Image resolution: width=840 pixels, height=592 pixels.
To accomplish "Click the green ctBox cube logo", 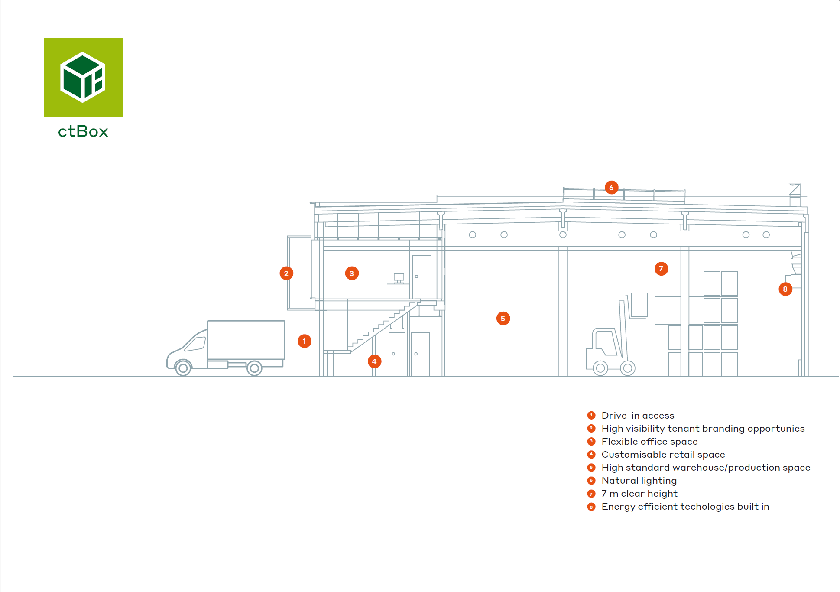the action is click(83, 78).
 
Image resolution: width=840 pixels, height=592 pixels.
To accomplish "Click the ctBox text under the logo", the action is click(83, 131).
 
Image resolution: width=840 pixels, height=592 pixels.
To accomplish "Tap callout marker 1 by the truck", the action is click(305, 341).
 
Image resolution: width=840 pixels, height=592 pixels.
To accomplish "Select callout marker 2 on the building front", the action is click(286, 273).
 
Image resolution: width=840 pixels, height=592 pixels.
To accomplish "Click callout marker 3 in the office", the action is click(352, 273).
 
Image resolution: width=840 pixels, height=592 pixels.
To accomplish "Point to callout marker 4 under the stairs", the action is click(374, 361).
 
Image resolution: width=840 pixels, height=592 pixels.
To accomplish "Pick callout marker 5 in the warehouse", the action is click(503, 319).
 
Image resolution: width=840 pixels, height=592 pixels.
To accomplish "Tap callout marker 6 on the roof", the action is click(611, 188).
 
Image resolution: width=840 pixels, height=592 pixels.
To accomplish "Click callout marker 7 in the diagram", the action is click(661, 269).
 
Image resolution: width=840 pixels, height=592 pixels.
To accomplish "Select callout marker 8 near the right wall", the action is click(785, 289).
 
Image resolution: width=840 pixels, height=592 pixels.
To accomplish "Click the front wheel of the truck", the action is click(183, 368).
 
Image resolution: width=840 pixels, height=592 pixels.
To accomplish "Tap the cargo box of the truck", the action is click(246, 340).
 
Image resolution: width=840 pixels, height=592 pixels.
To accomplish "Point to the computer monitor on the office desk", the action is click(399, 277).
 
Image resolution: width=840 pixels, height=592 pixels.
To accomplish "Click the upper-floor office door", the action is click(422, 277).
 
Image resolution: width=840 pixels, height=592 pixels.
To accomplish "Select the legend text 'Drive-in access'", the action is click(638, 416).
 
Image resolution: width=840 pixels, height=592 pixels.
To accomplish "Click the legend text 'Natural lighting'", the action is click(639, 481).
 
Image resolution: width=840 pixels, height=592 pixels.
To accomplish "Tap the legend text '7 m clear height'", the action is click(639, 494).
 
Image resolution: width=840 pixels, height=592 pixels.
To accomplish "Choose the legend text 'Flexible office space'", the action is click(649, 442).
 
